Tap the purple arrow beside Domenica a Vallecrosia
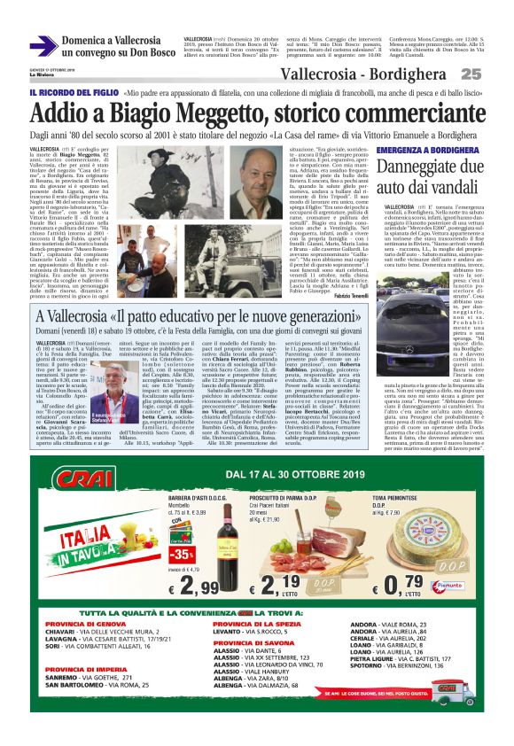tap(43, 46)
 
